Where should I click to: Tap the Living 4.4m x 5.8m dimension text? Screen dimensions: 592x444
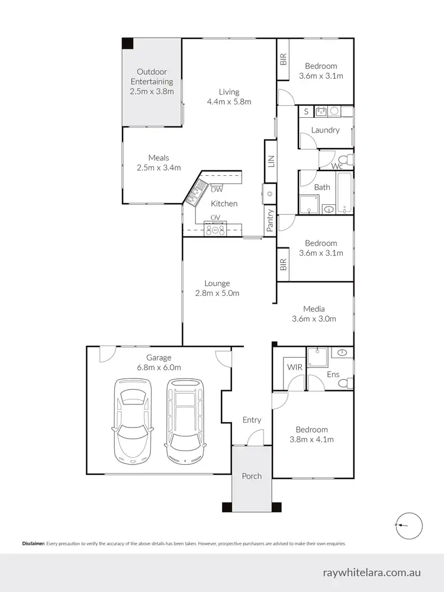[229, 101]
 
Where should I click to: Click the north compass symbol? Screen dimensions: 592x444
[408, 525]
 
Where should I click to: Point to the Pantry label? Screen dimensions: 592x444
[271, 220]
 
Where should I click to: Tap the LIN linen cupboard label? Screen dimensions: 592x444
[271, 161]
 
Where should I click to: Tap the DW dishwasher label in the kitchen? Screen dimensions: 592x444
[216, 190]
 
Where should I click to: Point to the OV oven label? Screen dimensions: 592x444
[215, 217]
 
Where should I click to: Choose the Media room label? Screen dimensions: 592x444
[314, 308]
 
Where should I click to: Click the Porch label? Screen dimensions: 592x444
[252, 476]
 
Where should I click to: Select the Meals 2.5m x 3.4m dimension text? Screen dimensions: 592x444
[158, 168]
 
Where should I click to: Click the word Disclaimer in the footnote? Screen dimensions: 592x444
[34, 543]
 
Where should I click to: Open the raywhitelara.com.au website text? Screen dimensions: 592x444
[372, 572]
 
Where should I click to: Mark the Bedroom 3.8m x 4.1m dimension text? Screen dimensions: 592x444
[311, 439]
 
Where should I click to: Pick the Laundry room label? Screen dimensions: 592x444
[325, 130]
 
